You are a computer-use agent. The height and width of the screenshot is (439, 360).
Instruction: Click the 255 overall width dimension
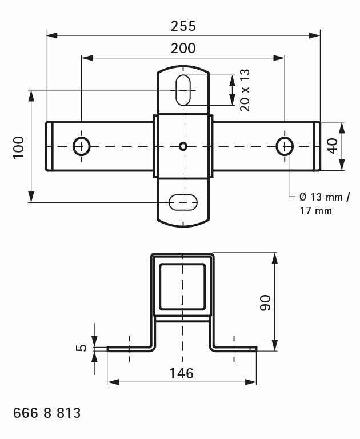[183, 26]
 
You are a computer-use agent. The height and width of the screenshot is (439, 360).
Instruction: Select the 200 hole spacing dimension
[183, 48]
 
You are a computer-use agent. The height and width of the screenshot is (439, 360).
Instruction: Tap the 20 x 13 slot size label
[245, 90]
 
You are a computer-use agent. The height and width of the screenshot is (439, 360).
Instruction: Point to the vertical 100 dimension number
[19, 147]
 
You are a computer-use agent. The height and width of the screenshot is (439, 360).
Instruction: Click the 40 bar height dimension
[333, 146]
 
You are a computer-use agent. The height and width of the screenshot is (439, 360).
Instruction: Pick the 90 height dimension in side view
[265, 302]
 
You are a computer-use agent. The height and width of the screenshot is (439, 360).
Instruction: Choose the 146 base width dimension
[181, 373]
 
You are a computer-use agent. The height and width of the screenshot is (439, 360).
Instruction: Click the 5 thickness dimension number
[81, 348]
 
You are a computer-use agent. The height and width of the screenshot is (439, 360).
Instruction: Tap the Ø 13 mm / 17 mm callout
[324, 203]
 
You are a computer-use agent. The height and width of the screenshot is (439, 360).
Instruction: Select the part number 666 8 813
[47, 413]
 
